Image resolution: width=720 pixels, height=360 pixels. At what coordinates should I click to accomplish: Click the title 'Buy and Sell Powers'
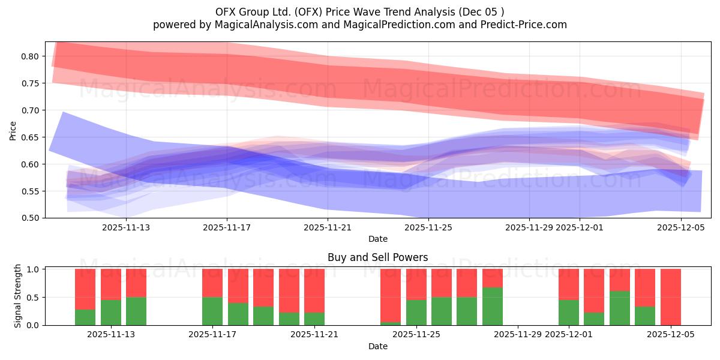(x=377, y=257)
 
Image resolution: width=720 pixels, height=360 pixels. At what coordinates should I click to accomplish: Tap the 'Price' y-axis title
(x=13, y=130)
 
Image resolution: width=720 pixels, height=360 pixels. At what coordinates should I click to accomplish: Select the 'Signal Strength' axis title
(x=18, y=296)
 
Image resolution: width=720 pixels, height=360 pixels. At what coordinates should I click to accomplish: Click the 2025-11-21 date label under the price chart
(x=327, y=227)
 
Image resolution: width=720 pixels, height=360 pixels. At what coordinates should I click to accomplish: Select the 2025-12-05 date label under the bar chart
(x=671, y=335)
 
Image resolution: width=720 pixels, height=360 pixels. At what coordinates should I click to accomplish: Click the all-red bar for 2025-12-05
(x=670, y=296)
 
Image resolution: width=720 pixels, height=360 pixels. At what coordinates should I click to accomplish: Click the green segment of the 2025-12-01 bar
(x=568, y=312)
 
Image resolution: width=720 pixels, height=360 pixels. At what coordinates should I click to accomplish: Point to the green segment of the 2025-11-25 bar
(x=416, y=312)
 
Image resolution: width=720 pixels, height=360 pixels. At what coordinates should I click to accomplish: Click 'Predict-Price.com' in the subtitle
(x=526, y=25)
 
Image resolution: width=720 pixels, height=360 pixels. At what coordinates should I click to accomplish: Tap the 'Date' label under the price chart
(x=377, y=239)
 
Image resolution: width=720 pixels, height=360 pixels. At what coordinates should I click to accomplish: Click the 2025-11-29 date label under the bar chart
(x=518, y=335)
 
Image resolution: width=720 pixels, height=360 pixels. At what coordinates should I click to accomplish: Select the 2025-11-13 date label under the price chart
(x=125, y=227)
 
